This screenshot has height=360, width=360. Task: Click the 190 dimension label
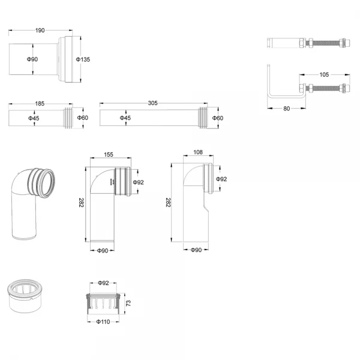point(40,30)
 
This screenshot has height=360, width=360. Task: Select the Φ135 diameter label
point(83,59)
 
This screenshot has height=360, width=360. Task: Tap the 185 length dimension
point(40,104)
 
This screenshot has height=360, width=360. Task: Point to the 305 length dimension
point(152,103)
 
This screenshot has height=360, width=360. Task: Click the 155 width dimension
point(108,155)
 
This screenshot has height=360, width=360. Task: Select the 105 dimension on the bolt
point(324,75)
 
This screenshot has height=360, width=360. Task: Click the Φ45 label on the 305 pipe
point(125,118)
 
